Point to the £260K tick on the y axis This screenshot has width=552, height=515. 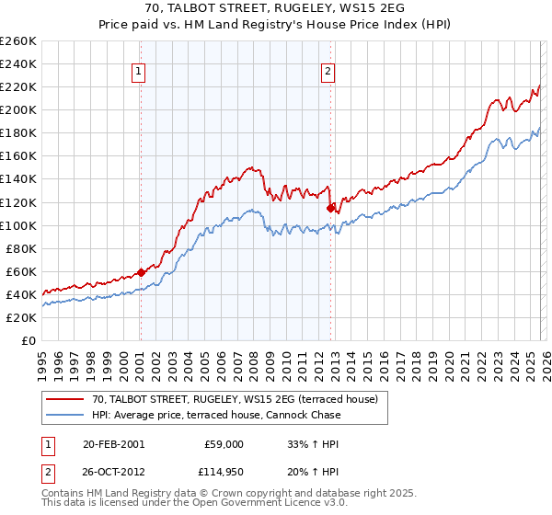(18, 41)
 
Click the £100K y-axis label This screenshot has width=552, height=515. (18, 225)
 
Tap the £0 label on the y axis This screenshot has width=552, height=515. (28, 340)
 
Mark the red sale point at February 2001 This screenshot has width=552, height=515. (141, 271)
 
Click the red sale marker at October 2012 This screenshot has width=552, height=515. (329, 208)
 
